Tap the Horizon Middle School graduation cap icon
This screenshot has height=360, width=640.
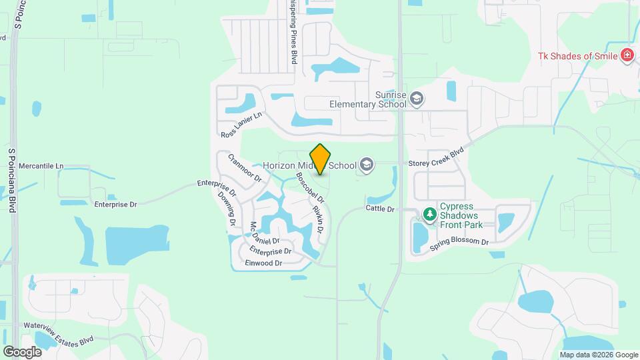(x=366, y=164)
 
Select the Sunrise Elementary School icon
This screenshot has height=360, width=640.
(x=417, y=99)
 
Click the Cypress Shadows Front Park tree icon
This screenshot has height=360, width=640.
(x=430, y=215)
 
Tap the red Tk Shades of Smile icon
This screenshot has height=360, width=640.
(x=627, y=55)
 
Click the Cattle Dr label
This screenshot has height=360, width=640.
(x=380, y=209)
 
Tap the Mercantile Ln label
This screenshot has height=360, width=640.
(x=41, y=165)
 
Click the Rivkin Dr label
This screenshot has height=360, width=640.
(x=319, y=219)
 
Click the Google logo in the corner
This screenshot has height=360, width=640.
(x=22, y=351)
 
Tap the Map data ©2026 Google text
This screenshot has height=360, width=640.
(x=599, y=355)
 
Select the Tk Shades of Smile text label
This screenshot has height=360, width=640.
(x=577, y=56)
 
